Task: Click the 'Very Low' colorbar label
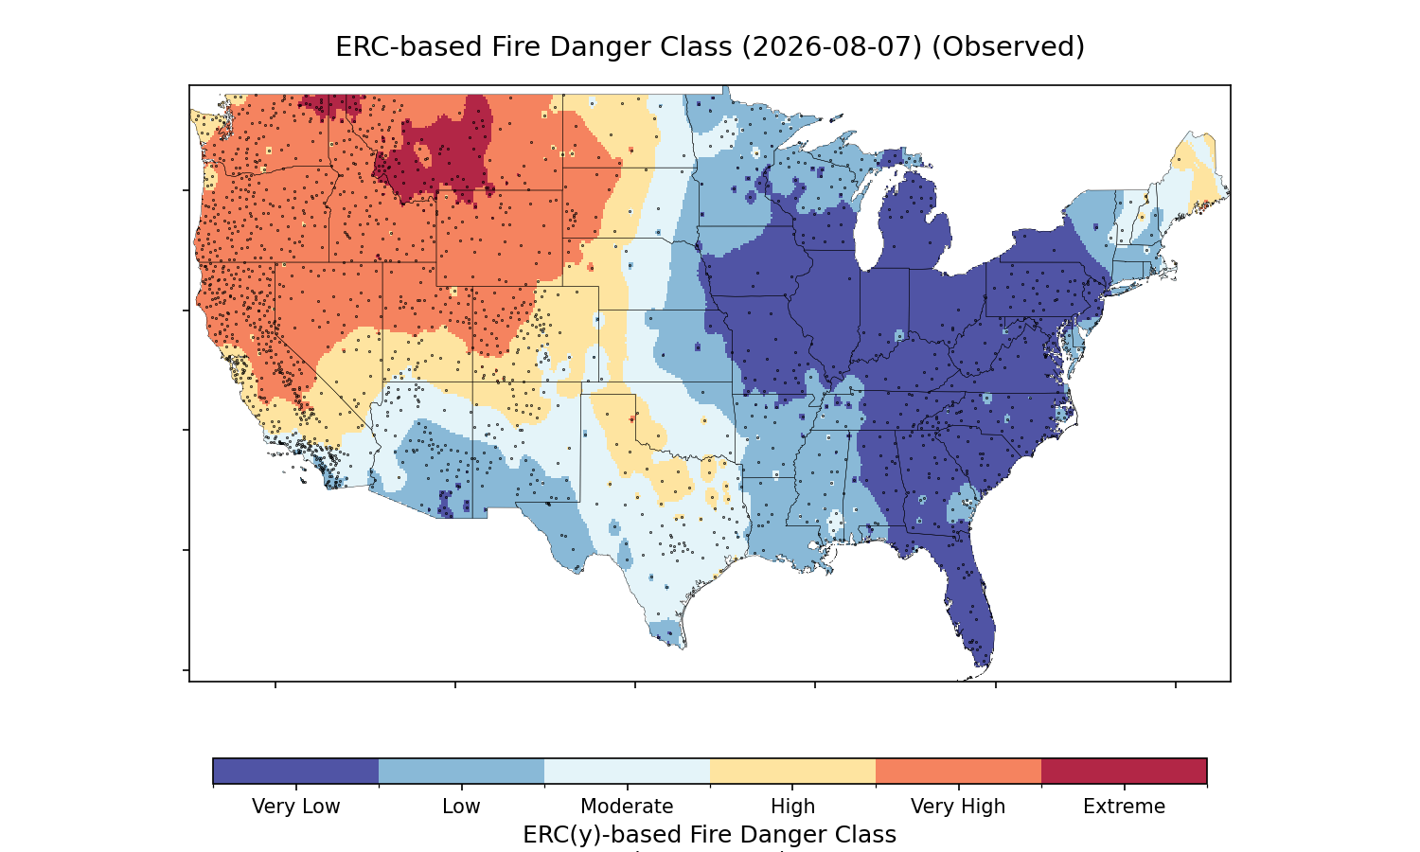[x=295, y=807]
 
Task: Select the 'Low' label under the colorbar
[x=461, y=807]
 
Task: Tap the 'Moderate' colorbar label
[x=627, y=807]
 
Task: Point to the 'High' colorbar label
[x=792, y=807]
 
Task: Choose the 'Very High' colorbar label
[x=958, y=807]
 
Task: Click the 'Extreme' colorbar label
[x=1124, y=807]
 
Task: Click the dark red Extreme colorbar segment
[x=1124, y=771]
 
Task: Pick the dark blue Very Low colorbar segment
[x=296, y=771]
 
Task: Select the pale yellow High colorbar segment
[x=792, y=771]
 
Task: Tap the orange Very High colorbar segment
[x=958, y=771]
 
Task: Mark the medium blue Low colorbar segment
[x=462, y=771]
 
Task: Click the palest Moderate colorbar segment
[x=627, y=771]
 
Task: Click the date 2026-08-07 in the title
[x=832, y=47]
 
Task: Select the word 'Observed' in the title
[x=1008, y=47]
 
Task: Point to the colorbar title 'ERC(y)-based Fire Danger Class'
[x=709, y=834]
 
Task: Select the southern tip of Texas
[x=682, y=648]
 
